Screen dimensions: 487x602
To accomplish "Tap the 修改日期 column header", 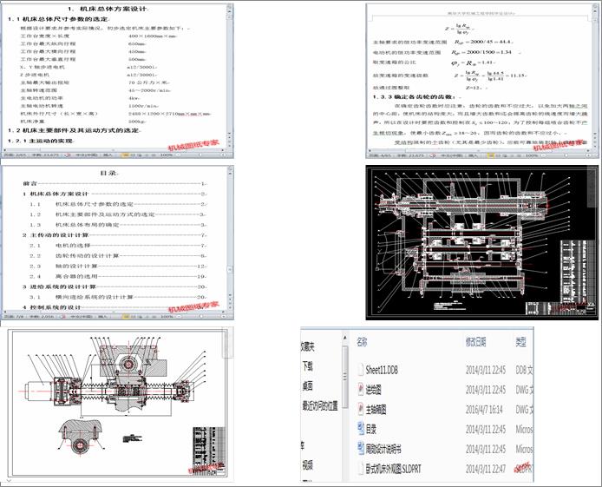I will (x=481, y=342).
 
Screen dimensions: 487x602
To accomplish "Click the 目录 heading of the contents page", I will (x=108, y=174).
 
